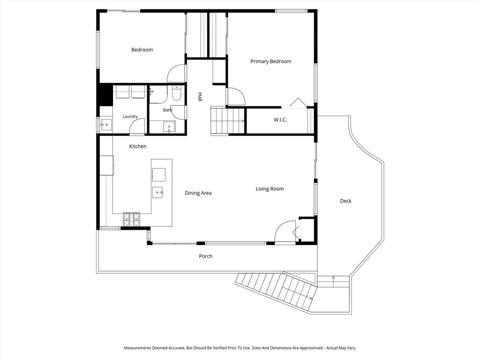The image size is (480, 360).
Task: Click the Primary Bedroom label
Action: point(271,61)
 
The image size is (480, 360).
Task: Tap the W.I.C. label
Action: point(280,120)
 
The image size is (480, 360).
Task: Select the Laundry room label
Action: point(130,117)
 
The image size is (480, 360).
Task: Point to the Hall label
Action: point(200,97)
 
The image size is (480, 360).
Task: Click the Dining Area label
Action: point(198,193)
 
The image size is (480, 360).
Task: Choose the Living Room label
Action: point(270,189)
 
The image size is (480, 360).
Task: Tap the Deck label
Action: point(345,201)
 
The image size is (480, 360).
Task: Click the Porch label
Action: point(206,256)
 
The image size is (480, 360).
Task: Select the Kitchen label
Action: point(138,146)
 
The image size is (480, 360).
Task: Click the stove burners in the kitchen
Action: point(132,219)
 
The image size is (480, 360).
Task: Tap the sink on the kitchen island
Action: point(157,193)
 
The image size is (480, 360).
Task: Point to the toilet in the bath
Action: point(177,93)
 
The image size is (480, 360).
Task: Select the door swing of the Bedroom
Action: point(176,74)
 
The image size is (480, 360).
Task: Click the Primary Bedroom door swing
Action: point(236,97)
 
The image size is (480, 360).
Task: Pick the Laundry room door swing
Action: point(137,126)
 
